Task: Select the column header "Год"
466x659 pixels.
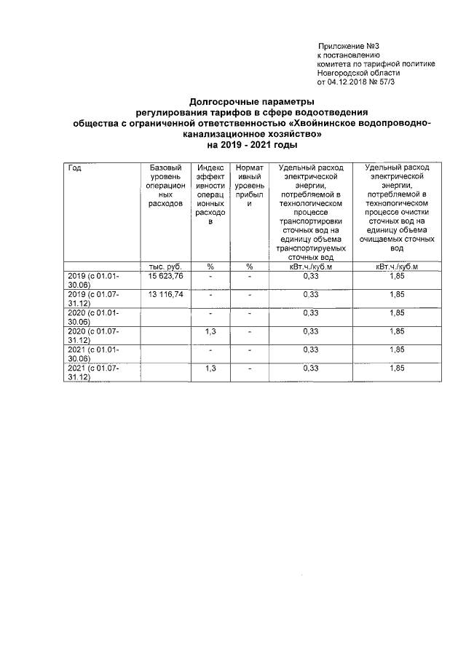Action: pos(74,168)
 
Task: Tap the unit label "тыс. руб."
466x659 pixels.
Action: pos(165,267)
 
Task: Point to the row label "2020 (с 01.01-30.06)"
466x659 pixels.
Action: pos(94,317)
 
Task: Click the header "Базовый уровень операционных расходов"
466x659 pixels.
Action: pos(166,186)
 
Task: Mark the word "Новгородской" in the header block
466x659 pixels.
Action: pos(344,73)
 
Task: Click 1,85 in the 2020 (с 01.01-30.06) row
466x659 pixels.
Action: pos(397,313)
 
